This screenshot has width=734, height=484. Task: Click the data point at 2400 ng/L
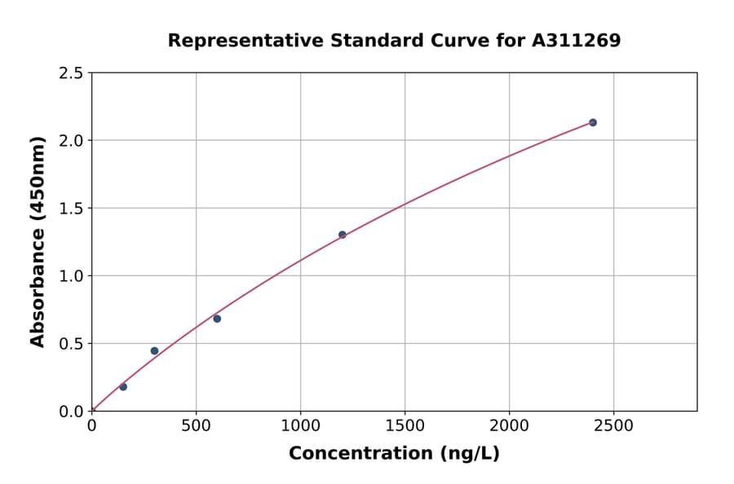593,122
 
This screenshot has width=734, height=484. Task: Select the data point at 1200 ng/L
343,235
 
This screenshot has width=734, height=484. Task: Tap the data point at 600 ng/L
217,319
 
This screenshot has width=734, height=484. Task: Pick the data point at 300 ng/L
154,351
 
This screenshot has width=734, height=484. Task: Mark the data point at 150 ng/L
123,387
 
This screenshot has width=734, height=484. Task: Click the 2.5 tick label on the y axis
71,73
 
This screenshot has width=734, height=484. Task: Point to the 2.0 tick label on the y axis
71,141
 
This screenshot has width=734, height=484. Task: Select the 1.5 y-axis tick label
71,209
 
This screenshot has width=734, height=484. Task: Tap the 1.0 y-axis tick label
71,276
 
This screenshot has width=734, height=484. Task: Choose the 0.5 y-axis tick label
71,344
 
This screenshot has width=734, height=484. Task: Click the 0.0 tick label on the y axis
71,411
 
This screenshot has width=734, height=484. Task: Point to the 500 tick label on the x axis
196,425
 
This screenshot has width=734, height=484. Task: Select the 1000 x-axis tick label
300,425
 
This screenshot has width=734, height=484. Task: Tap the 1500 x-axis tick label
405,425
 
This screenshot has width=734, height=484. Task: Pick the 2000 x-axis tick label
509,425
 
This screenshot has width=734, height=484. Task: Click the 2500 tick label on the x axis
613,425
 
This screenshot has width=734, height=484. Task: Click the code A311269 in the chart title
577,41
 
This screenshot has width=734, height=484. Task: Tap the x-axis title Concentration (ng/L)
394,453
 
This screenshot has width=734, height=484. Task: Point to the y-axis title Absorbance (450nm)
38,241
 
